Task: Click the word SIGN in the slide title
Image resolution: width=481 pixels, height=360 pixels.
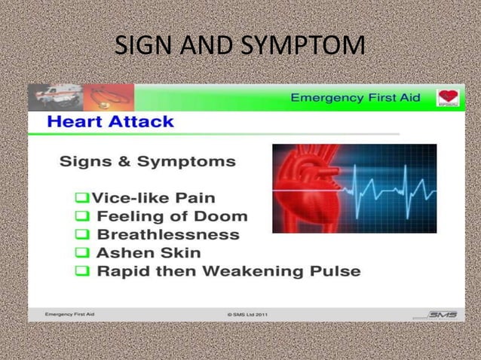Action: [x=141, y=46]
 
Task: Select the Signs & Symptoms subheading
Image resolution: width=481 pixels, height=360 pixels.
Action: [x=147, y=161]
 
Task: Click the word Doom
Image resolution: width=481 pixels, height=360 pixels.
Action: [x=223, y=216]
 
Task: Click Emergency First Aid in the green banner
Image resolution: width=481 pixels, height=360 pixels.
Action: [x=355, y=98]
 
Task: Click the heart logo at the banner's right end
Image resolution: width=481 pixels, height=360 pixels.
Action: [x=449, y=98]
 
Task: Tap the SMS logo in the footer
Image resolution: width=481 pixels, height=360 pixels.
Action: [x=441, y=314]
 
